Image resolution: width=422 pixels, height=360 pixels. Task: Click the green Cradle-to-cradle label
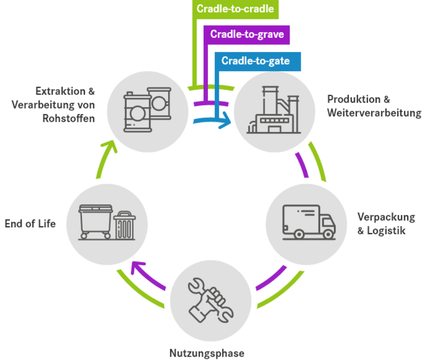234,8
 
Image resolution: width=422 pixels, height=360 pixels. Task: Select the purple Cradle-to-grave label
247,34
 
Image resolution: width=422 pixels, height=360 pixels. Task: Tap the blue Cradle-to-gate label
256,61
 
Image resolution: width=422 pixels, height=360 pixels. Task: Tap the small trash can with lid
124,225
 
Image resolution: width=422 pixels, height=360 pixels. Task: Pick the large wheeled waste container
95,221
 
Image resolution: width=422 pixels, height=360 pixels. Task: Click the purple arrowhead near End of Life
138,267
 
